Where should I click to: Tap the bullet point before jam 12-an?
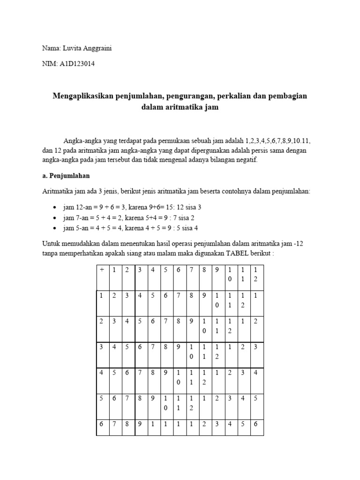55,207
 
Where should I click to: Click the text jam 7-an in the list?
75,217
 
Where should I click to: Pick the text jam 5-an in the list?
75,228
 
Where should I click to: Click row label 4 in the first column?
101,373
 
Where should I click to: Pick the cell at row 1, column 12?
255,296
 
